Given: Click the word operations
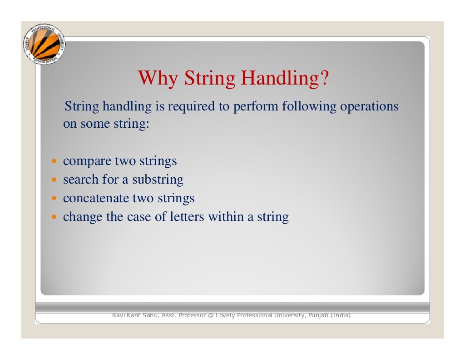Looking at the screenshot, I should click(369, 107).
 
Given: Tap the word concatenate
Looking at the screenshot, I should click(96, 199).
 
